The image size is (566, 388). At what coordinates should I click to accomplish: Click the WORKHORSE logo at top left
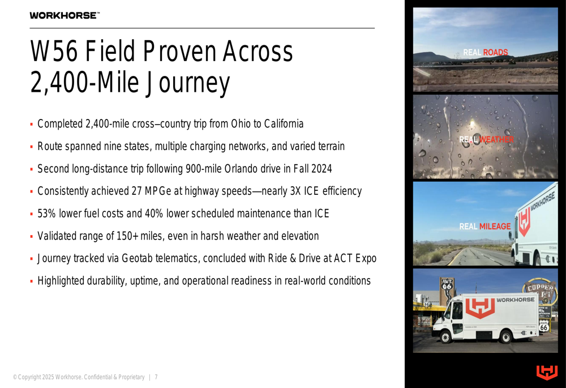[x=65, y=15]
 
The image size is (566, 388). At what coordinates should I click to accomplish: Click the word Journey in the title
[x=187, y=83]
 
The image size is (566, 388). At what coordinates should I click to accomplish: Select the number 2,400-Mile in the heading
[x=84, y=82]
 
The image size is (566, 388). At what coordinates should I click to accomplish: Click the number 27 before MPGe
[x=136, y=191]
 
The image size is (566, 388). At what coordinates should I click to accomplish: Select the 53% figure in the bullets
[x=46, y=214]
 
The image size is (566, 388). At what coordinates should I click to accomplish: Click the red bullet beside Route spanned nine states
[x=32, y=147]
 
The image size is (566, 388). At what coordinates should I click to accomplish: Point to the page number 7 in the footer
[x=156, y=377]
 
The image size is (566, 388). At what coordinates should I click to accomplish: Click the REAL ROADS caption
[x=486, y=53]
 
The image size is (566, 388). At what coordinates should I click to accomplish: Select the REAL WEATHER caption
[x=486, y=139]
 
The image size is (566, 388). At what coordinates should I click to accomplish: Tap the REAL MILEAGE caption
[x=485, y=227]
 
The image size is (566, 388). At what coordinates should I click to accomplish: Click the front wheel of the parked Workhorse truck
[x=445, y=337]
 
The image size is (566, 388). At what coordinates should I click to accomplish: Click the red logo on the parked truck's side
[x=480, y=308]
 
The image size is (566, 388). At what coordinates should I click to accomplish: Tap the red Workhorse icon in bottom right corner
[x=547, y=373]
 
